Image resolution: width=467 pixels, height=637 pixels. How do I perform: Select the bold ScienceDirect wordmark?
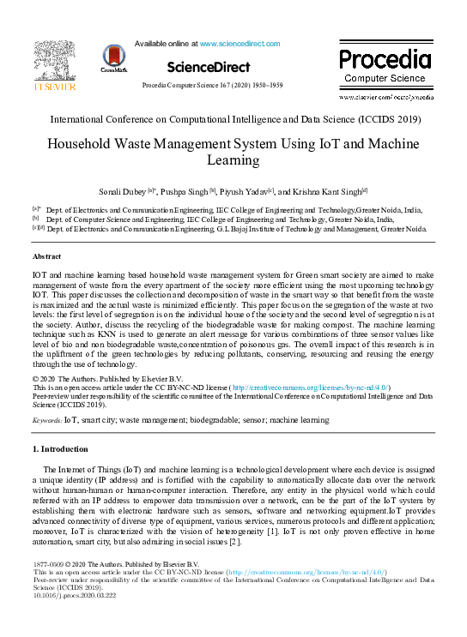(x=208, y=67)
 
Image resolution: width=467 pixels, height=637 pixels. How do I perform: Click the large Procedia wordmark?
(x=385, y=59)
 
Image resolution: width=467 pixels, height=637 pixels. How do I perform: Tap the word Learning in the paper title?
(x=233, y=160)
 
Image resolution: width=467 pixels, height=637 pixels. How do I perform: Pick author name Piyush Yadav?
(x=243, y=190)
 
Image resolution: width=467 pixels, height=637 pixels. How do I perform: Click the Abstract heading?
(x=46, y=256)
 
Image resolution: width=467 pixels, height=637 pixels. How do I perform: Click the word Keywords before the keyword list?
(x=46, y=421)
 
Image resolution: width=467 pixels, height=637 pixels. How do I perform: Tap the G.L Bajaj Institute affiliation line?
(x=237, y=229)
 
